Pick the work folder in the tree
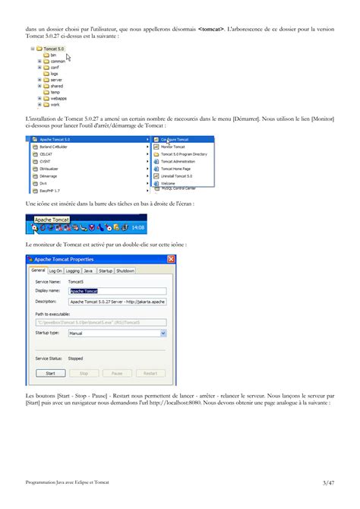[54, 104]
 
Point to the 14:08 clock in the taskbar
[137, 227]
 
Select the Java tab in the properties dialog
[88, 270]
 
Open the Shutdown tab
[125, 270]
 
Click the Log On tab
[55, 270]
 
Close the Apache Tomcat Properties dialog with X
[171, 259]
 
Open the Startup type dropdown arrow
[163, 333]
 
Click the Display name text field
[117, 290]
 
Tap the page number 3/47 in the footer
[327, 482]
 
